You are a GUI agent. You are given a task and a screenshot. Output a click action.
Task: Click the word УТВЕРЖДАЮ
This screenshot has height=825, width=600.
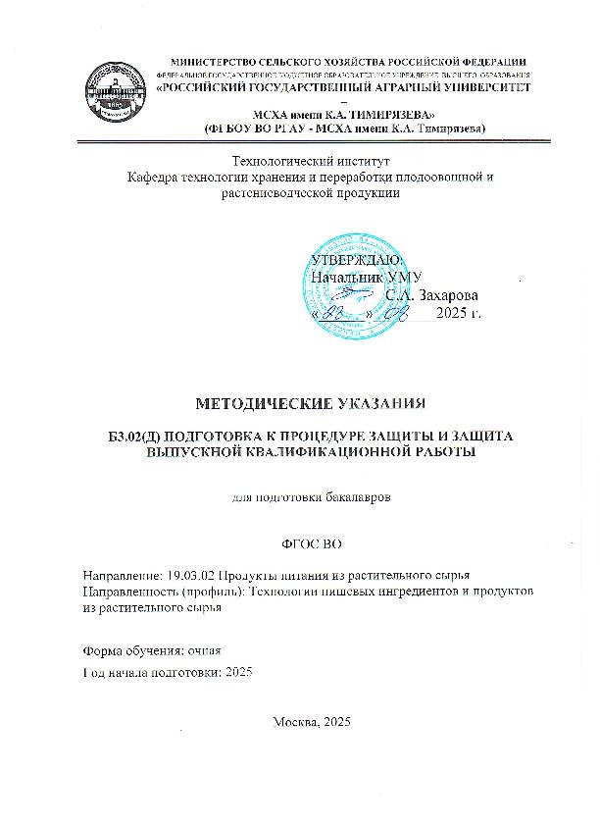point(352,260)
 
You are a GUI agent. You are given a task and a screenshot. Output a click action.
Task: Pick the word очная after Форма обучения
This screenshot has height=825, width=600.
point(203,651)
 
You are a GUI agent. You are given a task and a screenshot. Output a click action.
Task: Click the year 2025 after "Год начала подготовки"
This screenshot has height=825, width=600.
point(238,671)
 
